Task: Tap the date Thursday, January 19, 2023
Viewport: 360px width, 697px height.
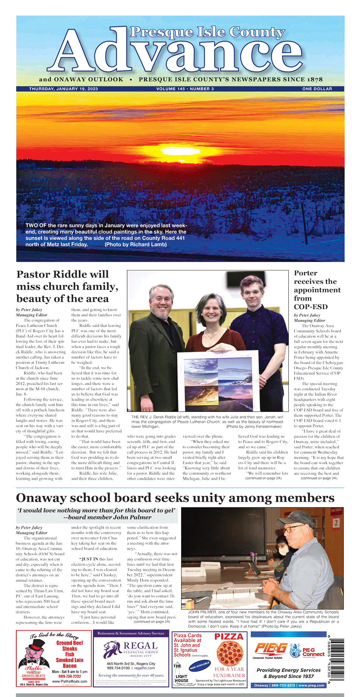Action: (63, 89)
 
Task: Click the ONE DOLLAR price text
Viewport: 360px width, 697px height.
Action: (317, 89)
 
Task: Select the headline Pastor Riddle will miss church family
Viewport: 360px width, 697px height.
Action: (67, 286)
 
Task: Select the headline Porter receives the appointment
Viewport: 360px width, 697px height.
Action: (317, 290)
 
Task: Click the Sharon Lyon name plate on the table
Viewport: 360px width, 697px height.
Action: (194, 571)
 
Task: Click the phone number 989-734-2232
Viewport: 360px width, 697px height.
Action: (69, 676)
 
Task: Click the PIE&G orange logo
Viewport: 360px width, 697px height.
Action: (270, 649)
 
